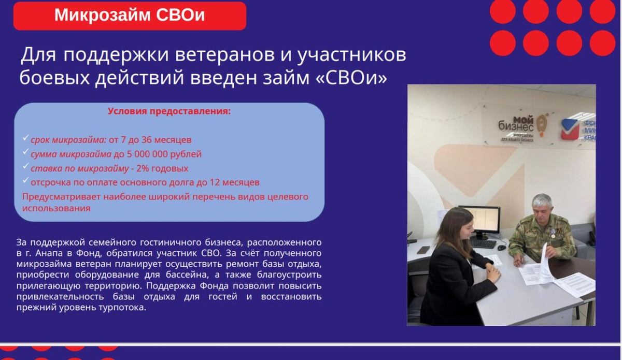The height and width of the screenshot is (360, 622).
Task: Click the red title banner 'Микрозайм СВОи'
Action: pos(130,16)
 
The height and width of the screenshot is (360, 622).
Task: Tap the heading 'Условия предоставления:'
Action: pos(169,111)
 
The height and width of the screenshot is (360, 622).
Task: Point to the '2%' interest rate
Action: pos(143,168)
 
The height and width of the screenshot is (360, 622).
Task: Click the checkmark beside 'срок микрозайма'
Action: pos(25,137)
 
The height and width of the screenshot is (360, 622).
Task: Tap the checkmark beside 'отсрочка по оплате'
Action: pos(25,180)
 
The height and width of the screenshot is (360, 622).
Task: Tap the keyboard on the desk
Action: pos(483,244)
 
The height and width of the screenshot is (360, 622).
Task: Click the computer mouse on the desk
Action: pos(502,247)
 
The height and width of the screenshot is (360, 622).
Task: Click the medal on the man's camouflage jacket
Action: pos(553,235)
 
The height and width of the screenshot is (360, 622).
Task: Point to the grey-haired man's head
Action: pos(542,209)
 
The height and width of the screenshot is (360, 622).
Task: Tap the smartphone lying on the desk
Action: pos(423,250)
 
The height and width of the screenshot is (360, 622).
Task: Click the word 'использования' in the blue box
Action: pos(56,208)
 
